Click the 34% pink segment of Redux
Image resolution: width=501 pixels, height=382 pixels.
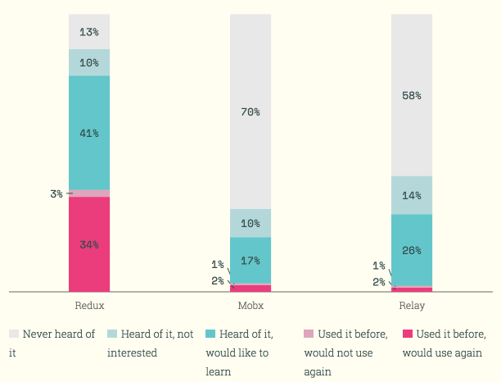[89, 244]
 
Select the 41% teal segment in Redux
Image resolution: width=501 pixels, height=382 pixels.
[89, 133]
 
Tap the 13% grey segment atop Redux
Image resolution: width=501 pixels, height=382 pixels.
[89, 32]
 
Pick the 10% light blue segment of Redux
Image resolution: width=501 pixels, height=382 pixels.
[89, 62]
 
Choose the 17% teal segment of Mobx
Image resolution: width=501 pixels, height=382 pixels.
[250, 261]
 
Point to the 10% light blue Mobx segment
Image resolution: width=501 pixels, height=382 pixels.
[250, 223]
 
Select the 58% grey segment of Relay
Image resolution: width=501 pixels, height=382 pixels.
[412, 95]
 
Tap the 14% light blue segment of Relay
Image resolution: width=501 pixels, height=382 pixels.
[412, 195]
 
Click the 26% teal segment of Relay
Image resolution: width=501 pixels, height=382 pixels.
[412, 250]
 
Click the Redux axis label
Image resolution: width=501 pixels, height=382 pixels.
[89, 306]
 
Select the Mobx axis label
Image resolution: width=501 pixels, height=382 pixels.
[250, 306]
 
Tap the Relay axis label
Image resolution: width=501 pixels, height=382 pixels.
[412, 306]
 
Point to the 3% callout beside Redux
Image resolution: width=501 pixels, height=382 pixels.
[56, 194]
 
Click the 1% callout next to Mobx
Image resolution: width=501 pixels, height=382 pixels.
[217, 264]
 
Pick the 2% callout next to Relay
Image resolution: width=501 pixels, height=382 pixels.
[378, 282]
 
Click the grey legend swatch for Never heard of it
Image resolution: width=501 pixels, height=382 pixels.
[14, 334]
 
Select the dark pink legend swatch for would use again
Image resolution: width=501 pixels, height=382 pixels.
[408, 334]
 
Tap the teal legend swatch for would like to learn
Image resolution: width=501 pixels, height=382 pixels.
[211, 334]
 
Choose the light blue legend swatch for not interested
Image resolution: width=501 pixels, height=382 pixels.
[112, 334]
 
